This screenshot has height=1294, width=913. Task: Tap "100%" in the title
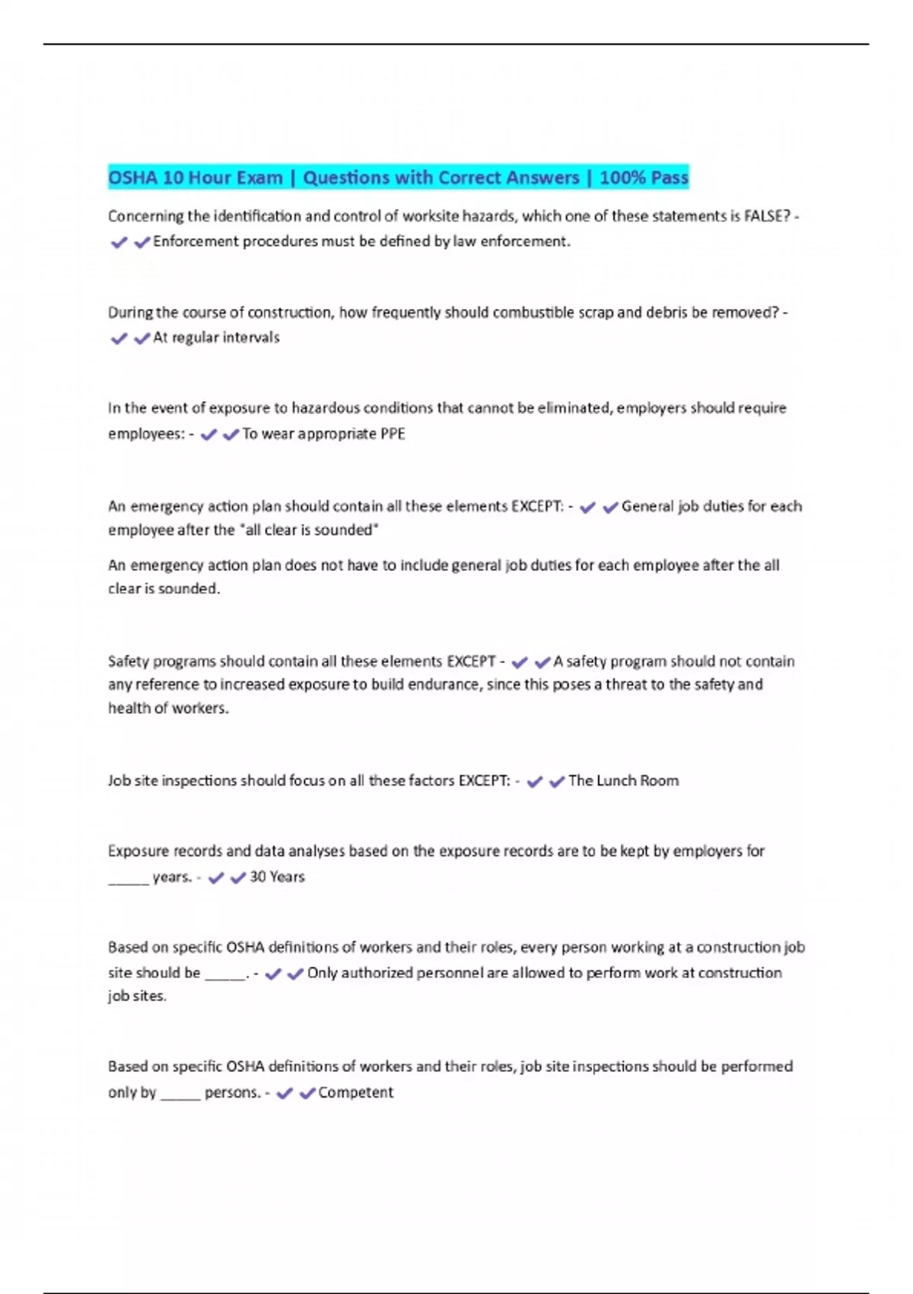(622, 177)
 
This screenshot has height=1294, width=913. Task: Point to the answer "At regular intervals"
(216, 337)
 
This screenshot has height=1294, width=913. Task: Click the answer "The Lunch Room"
(623, 781)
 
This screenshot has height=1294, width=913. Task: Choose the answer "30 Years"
(277, 877)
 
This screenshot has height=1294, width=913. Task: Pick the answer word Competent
(355, 1092)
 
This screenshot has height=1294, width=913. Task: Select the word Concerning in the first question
(145, 216)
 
